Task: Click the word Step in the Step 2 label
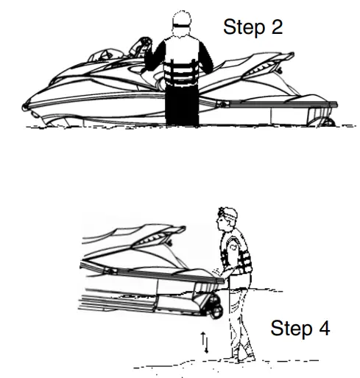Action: tap(245, 27)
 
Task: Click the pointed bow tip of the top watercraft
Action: tap(26, 107)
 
